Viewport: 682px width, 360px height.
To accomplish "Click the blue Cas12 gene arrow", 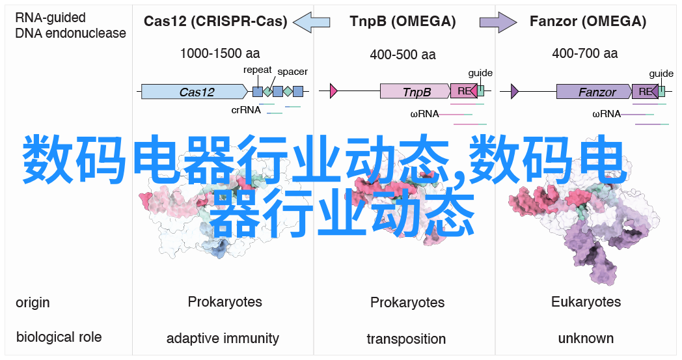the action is coord(195,91).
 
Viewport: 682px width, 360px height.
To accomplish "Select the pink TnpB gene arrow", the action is coord(415,91).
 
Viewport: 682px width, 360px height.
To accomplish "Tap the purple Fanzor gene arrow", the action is coord(594,91).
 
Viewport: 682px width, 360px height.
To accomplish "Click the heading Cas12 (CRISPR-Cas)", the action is coord(215,21).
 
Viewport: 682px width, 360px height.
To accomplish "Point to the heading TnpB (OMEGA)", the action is coord(403,21).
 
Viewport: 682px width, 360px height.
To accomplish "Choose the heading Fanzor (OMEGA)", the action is coord(588,21).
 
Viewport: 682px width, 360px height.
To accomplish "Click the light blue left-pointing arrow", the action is coord(312,21).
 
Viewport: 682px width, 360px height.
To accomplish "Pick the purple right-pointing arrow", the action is coord(498,21).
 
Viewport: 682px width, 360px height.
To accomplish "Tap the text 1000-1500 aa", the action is coord(220,53).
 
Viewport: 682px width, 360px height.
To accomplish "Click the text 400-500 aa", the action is coord(403,55).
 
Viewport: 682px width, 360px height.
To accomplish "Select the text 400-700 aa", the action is coord(585,53).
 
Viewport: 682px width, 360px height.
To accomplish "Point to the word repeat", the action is coord(258,70).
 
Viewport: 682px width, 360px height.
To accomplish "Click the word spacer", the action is coord(293,72).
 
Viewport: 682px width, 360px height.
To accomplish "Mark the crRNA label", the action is coord(246,110).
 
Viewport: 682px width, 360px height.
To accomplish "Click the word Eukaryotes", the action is coord(586,302).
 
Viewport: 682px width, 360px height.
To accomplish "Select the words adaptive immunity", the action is coord(223,339).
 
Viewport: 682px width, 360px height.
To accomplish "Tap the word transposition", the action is coord(406,339).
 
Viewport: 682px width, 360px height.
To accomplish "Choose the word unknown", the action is coord(586,339).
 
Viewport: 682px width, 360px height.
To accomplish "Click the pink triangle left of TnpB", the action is coord(334,91).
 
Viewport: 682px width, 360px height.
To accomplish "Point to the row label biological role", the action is coord(59,337).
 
